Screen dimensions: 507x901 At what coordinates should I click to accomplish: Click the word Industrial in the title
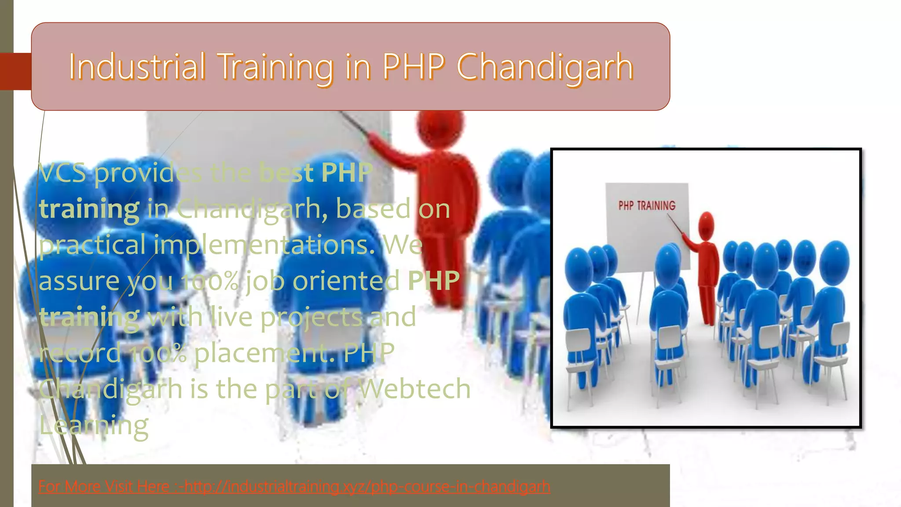click(137, 67)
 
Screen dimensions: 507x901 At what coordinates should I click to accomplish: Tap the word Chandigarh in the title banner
click(545, 67)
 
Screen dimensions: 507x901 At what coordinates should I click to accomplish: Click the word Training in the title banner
click(276, 67)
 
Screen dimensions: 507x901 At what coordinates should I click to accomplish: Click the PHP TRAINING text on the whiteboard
click(647, 206)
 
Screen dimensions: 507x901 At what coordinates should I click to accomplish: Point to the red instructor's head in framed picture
click(706, 225)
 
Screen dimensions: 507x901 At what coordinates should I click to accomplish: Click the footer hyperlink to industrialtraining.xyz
click(294, 487)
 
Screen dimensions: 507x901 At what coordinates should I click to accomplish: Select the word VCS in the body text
click(62, 173)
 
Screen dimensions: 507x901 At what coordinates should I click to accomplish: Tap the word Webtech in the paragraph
click(414, 389)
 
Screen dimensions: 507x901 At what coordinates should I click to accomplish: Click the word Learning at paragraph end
click(94, 426)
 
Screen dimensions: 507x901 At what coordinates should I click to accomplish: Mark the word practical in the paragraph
click(92, 245)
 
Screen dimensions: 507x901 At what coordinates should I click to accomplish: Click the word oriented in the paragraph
click(346, 281)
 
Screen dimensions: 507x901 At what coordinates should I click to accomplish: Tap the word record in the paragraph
click(80, 353)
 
